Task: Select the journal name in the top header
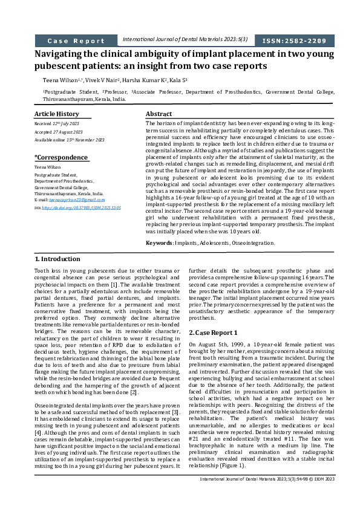(x=185, y=39)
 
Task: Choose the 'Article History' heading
(x=56, y=114)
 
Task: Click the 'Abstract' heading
(x=159, y=114)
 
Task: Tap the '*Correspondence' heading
(x=61, y=157)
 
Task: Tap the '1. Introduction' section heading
(x=57, y=259)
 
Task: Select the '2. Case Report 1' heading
(x=214, y=332)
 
